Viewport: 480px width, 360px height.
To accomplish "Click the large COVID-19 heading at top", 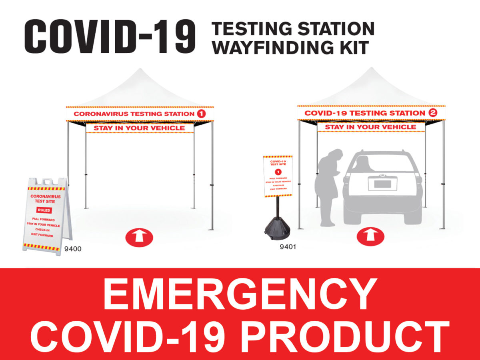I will point(110,37).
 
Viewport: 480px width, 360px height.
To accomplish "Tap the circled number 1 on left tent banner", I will point(201,114).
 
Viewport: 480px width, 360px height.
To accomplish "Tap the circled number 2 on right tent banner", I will point(432,113).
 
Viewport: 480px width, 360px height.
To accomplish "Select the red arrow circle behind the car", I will point(370,236).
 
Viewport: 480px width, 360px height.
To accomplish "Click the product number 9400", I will point(73,249).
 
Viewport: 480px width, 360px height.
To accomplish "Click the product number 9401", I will point(288,247).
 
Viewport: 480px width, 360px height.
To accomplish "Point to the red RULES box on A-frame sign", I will point(44,210).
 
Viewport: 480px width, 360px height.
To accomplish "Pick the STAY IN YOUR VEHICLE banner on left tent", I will point(140,128).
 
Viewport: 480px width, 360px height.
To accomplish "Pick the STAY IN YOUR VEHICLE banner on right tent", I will point(370,127).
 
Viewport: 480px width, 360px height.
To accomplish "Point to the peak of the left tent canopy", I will point(140,71).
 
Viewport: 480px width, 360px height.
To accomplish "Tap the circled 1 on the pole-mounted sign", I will point(278,172).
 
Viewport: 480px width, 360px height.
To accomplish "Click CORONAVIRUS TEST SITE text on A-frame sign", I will point(46,199).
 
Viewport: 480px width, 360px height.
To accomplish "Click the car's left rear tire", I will point(352,216).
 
